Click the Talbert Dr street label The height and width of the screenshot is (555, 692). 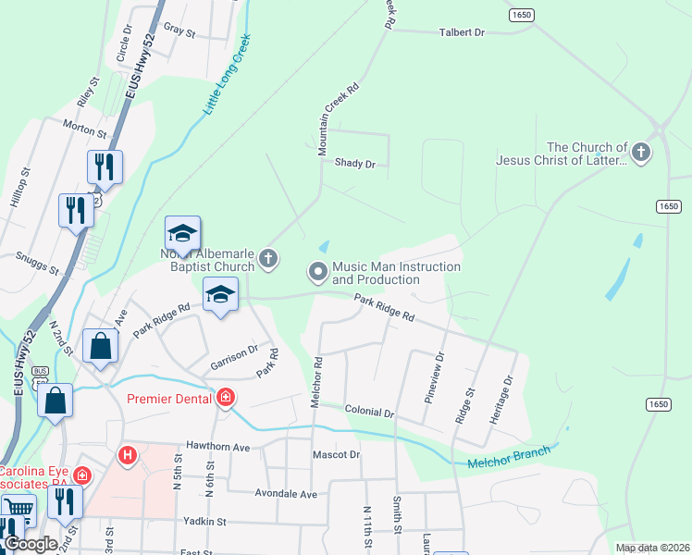click(461, 32)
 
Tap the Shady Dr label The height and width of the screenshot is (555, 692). click(355, 164)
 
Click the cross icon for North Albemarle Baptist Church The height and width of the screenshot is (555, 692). click(268, 258)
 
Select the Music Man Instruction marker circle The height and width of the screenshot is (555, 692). click(318, 272)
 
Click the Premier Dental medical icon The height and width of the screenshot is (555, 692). click(225, 399)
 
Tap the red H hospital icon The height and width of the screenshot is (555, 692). click(128, 456)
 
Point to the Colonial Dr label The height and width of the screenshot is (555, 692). click(369, 410)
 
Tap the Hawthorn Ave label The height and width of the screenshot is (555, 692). click(217, 447)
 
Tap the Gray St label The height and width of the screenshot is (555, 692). click(179, 31)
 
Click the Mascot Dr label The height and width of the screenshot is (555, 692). click(335, 455)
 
